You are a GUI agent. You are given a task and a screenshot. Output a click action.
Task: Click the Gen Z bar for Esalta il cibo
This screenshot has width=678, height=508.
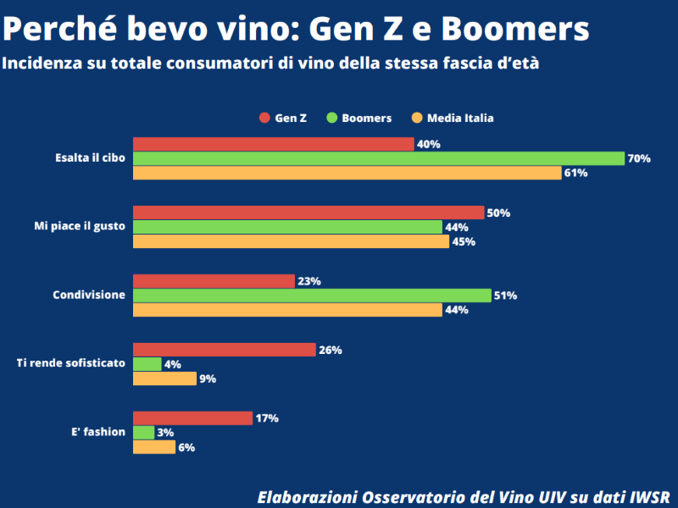[x=273, y=144]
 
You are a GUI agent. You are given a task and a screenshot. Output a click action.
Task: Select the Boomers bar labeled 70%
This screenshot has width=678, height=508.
[x=379, y=158]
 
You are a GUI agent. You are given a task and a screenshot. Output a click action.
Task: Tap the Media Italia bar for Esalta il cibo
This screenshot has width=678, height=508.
[x=347, y=173]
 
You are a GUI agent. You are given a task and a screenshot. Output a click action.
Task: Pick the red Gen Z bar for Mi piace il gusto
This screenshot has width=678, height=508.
[x=308, y=213]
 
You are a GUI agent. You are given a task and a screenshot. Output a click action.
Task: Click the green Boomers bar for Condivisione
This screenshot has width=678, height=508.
[x=312, y=295]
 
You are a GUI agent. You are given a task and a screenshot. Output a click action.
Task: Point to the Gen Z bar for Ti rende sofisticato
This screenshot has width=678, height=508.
[x=224, y=350]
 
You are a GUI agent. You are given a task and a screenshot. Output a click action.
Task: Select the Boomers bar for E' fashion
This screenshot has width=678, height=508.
[x=144, y=433]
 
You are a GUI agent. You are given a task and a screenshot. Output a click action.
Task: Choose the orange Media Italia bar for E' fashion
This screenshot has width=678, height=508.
[x=153, y=447]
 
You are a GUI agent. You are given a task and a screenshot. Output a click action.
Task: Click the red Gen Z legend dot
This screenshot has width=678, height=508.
[x=264, y=119]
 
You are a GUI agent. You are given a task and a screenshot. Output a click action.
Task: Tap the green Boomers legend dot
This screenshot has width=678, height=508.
[x=331, y=119]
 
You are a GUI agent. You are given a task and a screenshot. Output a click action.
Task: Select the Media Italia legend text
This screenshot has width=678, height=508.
[x=460, y=119]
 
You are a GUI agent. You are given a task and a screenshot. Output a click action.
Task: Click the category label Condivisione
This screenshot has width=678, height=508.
[x=89, y=295]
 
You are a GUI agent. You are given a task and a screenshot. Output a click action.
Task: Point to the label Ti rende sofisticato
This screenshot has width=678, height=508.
[x=71, y=363]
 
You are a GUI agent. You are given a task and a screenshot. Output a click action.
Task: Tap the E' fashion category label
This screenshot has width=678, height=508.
[x=98, y=432]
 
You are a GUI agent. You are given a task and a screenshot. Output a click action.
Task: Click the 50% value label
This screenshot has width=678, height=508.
[x=499, y=213]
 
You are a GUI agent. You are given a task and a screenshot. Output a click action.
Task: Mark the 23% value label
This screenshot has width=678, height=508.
[x=309, y=282]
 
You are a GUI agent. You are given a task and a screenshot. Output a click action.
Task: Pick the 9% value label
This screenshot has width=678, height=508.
[x=208, y=378]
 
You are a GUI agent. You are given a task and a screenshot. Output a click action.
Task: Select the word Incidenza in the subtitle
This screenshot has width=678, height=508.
[x=42, y=63]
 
